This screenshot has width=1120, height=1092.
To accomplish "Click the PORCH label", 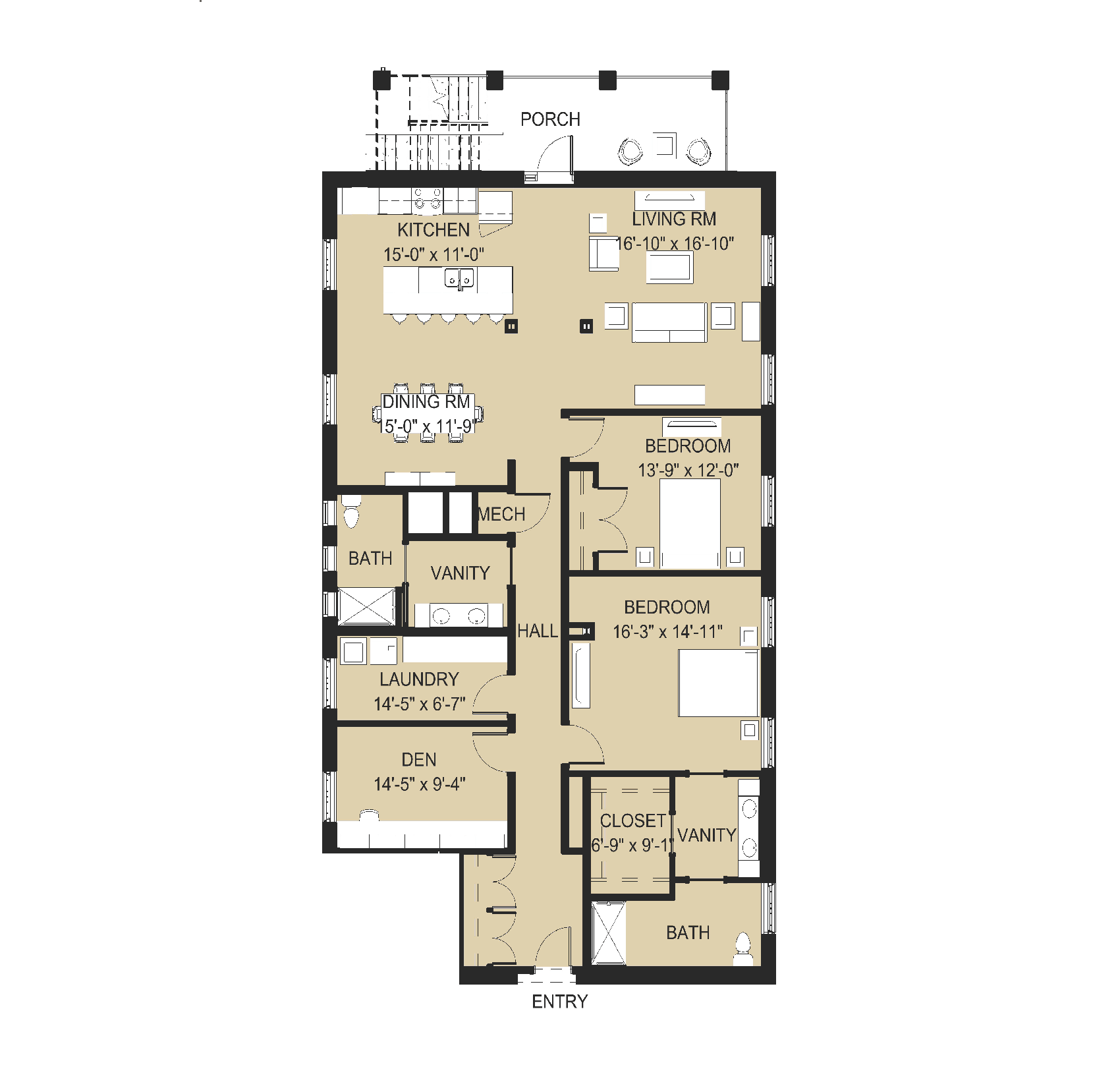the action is [x=550, y=119].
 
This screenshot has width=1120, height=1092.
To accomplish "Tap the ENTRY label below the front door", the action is [x=559, y=1002].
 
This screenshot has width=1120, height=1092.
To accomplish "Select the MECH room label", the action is [x=501, y=514].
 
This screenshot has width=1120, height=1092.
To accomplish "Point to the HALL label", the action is [x=537, y=631].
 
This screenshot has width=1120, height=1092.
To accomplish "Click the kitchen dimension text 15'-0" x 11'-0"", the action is [x=434, y=254].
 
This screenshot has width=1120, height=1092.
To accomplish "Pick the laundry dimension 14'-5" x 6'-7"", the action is [x=420, y=704].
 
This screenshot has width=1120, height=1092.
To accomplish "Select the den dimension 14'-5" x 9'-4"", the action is [x=420, y=784].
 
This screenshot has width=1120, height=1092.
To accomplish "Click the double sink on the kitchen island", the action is [x=459, y=278].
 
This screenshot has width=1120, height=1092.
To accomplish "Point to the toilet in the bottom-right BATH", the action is [x=743, y=949].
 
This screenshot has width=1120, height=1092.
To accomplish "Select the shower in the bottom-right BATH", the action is [x=609, y=933].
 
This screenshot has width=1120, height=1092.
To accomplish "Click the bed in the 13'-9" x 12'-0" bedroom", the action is [x=690, y=523].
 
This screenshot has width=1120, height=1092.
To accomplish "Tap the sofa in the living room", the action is [x=669, y=322].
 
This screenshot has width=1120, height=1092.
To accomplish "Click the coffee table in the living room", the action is [x=669, y=268].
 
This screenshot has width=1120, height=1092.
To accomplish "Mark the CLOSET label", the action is [x=633, y=821].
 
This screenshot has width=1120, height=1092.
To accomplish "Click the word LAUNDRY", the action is [x=419, y=679].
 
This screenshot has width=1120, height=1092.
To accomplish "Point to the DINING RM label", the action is [x=426, y=402].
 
